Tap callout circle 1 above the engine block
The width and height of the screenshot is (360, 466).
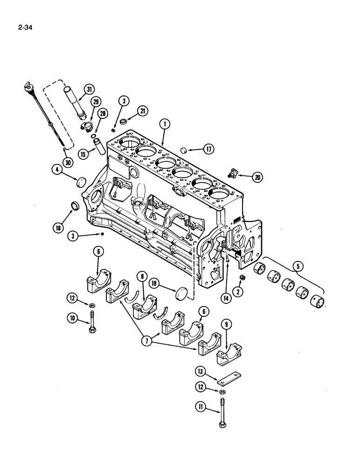click(x=164, y=124)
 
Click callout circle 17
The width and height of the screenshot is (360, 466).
click(x=208, y=149)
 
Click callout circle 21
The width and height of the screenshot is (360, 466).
click(x=142, y=110)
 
